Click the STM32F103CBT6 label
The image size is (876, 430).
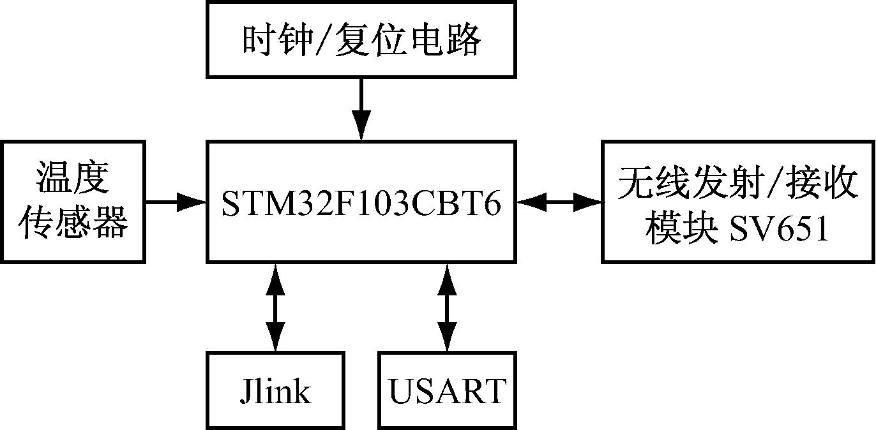click(361, 203)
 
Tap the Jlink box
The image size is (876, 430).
click(276, 390)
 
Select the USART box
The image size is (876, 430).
click(447, 390)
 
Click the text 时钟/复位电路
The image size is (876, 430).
click(361, 41)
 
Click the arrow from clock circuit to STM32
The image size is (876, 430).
click(361, 108)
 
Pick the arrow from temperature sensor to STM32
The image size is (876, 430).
click(176, 203)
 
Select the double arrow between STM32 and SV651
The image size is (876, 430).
click(559, 203)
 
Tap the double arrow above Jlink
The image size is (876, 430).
click(276, 307)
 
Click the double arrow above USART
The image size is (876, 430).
click(447, 307)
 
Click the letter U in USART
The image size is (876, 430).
click(402, 391)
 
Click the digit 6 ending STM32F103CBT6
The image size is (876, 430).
click(492, 204)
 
